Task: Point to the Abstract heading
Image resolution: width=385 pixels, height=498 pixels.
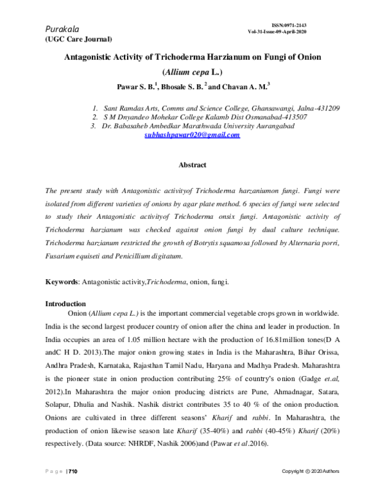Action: point(192,166)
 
